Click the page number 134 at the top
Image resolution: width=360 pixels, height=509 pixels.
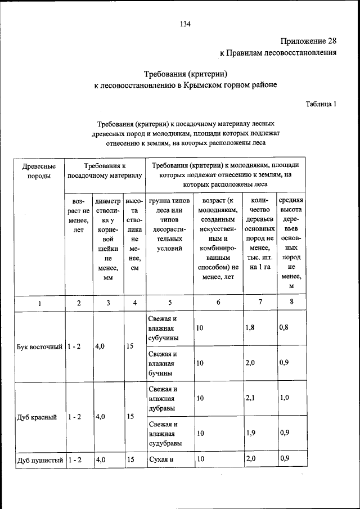coord(185,24)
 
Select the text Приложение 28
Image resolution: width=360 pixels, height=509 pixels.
coord(308,41)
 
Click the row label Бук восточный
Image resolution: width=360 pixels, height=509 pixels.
coord(39,346)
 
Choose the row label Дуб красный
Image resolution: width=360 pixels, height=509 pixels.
coord(37,417)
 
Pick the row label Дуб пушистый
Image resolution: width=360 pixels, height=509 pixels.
coord(39,460)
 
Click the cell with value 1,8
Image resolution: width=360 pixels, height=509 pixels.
coord(251,327)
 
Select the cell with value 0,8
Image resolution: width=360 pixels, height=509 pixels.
coord(285,327)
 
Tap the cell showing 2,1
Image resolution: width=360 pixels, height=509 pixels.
coord(251,398)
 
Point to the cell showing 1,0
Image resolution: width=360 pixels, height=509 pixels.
coord(285,398)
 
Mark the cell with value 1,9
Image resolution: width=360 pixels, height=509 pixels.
coord(251,434)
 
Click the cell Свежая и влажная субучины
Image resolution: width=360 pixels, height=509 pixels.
coord(164,328)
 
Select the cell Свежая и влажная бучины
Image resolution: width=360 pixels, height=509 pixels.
coord(164,363)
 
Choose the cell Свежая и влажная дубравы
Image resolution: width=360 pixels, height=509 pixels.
coord(164,399)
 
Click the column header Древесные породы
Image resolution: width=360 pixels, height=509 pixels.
coord(39,171)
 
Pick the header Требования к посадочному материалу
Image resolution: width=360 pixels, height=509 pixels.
coord(105,171)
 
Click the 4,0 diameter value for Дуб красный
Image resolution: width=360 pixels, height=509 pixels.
coord(101,417)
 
